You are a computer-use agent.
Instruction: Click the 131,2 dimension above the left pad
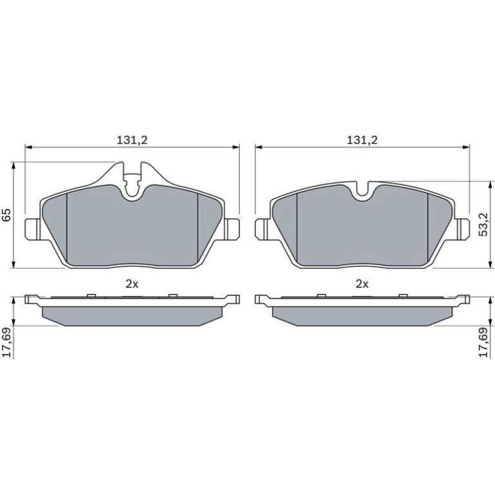pyautogui.click(x=132, y=140)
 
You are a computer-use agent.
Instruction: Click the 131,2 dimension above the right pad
pyautogui.click(x=363, y=140)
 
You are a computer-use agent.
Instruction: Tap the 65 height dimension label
pyautogui.click(x=7, y=215)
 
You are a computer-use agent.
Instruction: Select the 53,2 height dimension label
pyautogui.click(x=483, y=224)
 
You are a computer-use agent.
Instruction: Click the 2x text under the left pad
pyautogui.click(x=132, y=284)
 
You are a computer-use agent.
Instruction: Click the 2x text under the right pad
pyautogui.click(x=362, y=284)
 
